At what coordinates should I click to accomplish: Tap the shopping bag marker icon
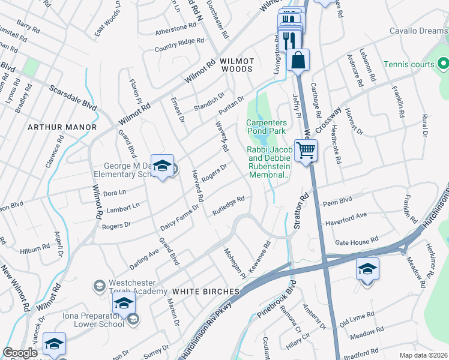298,60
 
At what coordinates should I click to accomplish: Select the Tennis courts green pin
443,63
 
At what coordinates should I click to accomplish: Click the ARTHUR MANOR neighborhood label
61,127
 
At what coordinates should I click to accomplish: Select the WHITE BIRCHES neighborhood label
206,291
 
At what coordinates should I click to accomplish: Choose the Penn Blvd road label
337,202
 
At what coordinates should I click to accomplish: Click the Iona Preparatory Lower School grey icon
133,319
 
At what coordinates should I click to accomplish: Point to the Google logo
20,353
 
